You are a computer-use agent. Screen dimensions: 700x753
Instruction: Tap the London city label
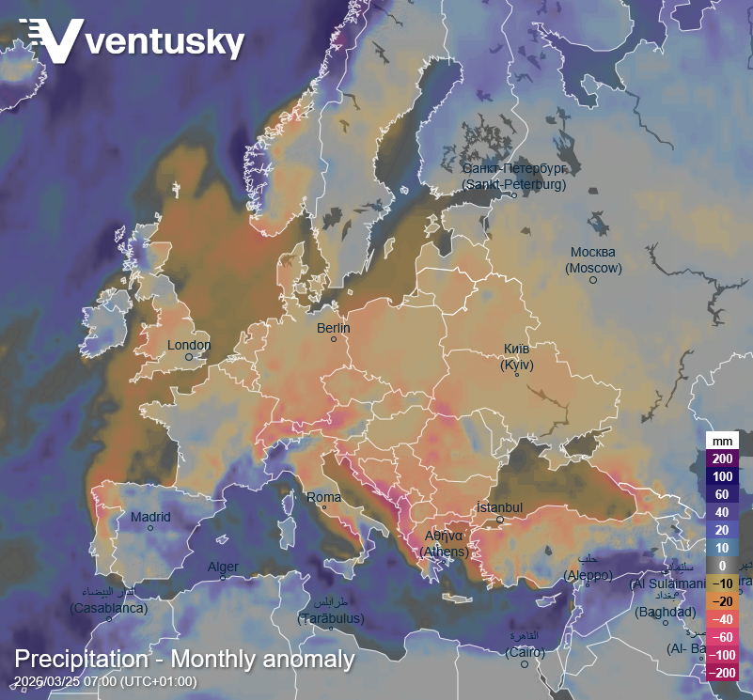click(x=189, y=345)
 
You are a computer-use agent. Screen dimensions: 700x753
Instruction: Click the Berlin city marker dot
click(x=333, y=339)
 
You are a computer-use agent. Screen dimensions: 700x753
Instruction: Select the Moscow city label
click(x=593, y=260)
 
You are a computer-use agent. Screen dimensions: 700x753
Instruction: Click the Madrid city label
click(x=150, y=517)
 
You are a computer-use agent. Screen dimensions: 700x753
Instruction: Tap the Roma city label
click(x=324, y=497)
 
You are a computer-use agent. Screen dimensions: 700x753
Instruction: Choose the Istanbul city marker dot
click(x=500, y=520)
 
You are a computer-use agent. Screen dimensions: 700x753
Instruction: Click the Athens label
click(x=443, y=544)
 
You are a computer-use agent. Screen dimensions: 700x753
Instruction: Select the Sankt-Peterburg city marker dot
click(x=513, y=195)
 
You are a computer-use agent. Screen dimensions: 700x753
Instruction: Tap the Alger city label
click(x=223, y=567)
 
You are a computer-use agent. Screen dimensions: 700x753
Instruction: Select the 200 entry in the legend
click(x=722, y=459)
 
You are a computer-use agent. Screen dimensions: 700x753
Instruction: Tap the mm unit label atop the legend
click(x=722, y=441)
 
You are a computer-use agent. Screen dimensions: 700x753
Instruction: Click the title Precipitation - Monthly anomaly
click(x=184, y=659)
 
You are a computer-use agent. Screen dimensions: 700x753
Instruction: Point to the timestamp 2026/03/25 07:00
click(x=105, y=681)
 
